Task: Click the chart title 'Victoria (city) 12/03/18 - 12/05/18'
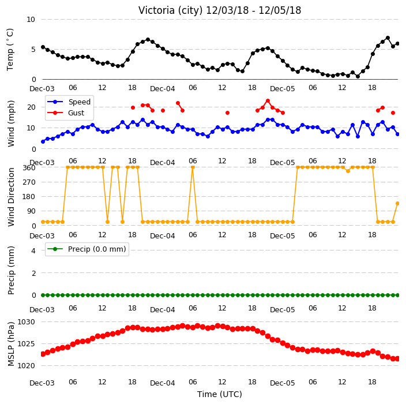220,10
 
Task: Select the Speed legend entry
69,102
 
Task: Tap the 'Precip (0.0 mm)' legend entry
87,249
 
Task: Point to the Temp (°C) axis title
10,50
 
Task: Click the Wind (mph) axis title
11,124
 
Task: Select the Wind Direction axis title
11,197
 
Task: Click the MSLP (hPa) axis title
11,344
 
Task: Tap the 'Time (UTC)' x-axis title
220,394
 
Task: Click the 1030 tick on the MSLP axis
26,322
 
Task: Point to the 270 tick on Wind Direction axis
29,182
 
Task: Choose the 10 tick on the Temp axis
31,20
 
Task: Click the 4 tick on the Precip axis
33,250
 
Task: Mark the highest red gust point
268,101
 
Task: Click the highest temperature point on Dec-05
388,38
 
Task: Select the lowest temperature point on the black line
358,76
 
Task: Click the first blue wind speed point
43,142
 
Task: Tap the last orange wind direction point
398,204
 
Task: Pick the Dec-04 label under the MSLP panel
163,383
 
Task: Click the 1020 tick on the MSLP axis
26,366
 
